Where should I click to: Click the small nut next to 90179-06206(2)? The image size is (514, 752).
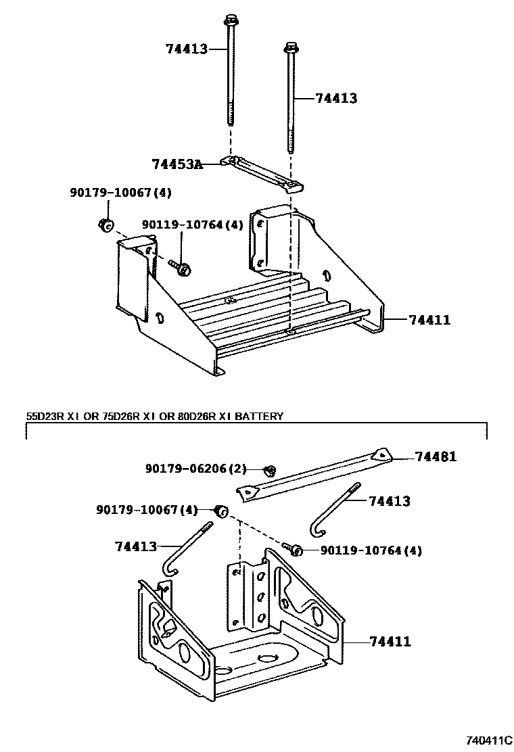pyautogui.click(x=268, y=469)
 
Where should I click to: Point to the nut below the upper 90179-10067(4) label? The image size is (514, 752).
pyautogui.click(x=106, y=226)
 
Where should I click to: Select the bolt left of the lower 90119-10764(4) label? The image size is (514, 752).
pyautogui.click(x=294, y=549)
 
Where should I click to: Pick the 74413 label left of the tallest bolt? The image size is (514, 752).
pyautogui.click(x=186, y=48)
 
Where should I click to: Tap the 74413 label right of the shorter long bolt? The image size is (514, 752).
pyautogui.click(x=336, y=99)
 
